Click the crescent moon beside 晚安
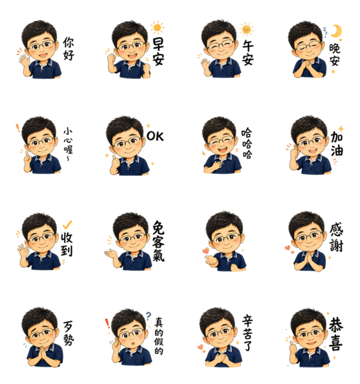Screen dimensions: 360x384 point(337,31)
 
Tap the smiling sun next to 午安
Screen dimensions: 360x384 point(246,29)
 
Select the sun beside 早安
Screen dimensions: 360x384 point(157,28)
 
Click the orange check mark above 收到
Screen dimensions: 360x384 point(67,225)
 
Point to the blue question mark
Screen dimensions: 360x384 point(148,316)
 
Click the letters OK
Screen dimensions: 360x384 point(155,136)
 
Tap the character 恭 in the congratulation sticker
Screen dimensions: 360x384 point(336,326)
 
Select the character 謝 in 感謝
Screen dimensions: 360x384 point(336,245)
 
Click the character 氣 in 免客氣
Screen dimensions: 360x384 point(158,255)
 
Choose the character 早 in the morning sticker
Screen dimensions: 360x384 point(158,44)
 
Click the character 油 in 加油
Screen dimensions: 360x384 point(337,150)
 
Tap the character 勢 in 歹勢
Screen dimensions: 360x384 point(69,339)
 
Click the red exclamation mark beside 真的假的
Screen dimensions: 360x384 point(107,324)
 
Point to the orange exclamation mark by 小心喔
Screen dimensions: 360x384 point(18,128)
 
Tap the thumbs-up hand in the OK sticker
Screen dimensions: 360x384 point(115,164)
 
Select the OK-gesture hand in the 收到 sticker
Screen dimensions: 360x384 point(23,252)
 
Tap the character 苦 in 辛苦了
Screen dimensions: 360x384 point(247,334)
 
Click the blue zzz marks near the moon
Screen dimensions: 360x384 point(325,33)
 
